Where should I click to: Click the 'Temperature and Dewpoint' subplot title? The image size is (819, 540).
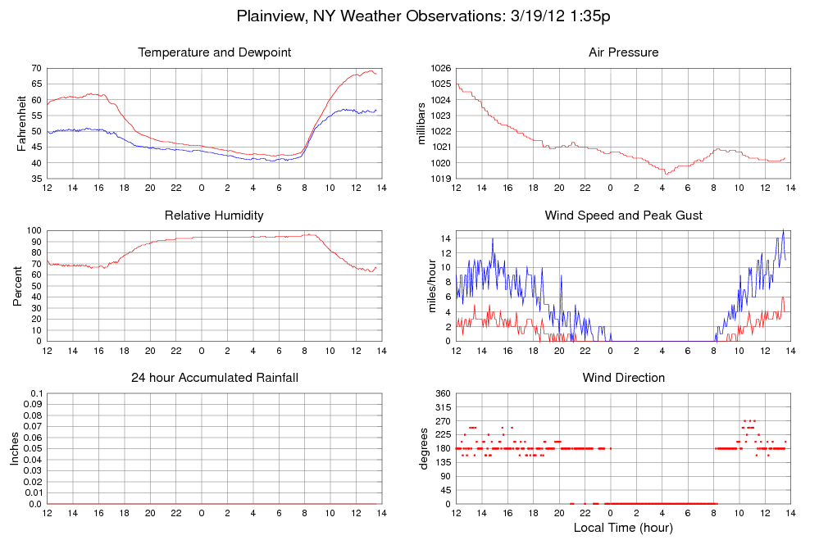215,53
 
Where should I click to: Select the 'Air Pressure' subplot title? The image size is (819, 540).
624,53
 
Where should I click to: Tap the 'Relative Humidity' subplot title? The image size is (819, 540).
215,216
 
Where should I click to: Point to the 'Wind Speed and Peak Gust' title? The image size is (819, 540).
624,216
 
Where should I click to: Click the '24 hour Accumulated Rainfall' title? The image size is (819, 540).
215,378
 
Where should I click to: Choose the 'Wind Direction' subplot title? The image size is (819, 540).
624,378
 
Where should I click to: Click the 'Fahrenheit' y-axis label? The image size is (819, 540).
21,124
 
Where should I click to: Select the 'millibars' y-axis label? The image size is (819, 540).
421,124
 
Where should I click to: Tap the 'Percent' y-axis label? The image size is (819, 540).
18,286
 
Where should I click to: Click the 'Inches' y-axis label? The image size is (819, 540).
14,448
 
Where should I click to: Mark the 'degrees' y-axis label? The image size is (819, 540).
423,448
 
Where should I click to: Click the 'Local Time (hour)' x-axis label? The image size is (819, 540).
624,528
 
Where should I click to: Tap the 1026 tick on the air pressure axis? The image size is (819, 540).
442,68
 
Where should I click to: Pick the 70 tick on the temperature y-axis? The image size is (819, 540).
36,68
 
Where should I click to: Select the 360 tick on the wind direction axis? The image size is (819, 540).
444,394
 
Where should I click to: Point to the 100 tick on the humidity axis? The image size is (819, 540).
34,230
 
